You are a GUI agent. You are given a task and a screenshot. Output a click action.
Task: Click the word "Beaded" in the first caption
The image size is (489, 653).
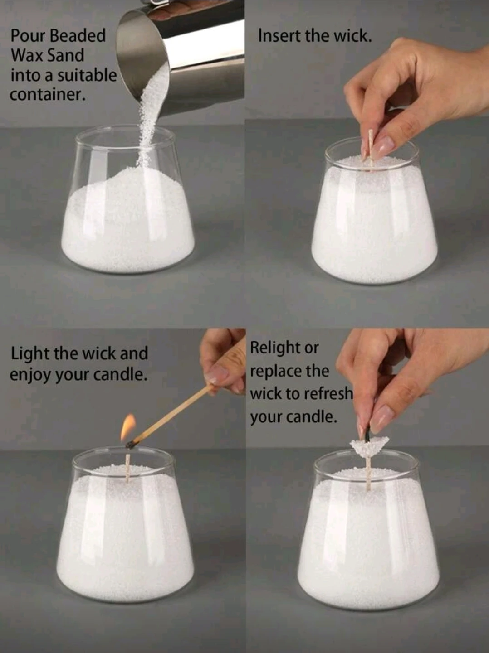(x=78, y=35)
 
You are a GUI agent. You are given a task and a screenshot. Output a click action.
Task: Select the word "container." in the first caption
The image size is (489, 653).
(x=48, y=95)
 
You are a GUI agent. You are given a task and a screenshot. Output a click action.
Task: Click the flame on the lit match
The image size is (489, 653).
(x=128, y=427)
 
